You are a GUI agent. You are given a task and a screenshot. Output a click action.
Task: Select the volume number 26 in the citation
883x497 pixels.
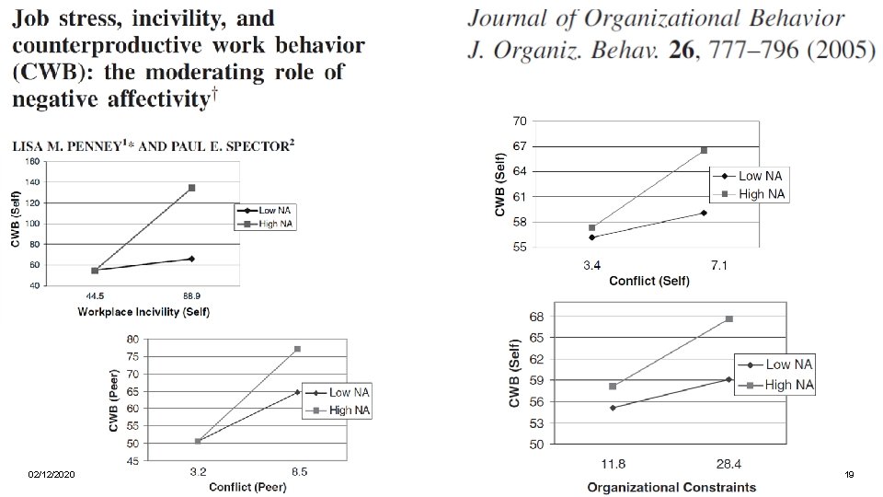(x=682, y=51)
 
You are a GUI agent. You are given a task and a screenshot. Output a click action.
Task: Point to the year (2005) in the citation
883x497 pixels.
(x=842, y=51)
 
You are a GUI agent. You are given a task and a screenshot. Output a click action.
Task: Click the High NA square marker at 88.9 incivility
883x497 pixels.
(x=192, y=188)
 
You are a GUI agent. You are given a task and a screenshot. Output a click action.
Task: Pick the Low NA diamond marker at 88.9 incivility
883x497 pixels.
(x=192, y=259)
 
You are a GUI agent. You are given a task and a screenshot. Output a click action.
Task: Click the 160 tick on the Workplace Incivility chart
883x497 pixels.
(x=33, y=162)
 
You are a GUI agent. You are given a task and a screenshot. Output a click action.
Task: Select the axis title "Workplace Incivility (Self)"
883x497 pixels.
(x=143, y=312)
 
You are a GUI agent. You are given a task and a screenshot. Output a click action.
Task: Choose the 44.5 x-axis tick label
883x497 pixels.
(x=95, y=295)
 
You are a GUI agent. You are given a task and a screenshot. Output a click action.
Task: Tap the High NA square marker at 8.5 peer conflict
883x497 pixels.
(x=297, y=349)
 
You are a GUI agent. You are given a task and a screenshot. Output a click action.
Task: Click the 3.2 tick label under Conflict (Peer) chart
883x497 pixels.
(x=199, y=472)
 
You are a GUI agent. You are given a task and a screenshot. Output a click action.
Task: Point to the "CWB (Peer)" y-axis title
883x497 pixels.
(x=114, y=400)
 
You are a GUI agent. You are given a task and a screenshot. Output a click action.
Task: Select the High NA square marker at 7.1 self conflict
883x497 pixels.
(x=704, y=150)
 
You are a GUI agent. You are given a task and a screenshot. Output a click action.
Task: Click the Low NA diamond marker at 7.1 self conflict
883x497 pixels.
(x=704, y=213)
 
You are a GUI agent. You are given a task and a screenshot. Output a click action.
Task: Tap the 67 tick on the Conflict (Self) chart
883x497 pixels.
(x=520, y=146)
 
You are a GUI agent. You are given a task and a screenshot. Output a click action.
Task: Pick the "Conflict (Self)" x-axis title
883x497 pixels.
(x=649, y=281)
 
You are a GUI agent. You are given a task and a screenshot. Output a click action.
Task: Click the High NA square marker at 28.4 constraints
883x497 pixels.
(x=729, y=319)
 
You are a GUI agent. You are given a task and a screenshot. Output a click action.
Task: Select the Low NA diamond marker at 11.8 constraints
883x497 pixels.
(x=613, y=408)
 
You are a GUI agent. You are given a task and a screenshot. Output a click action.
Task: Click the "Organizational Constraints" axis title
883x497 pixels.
(x=671, y=488)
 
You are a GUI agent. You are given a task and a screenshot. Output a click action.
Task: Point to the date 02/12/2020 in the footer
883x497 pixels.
(x=52, y=475)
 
